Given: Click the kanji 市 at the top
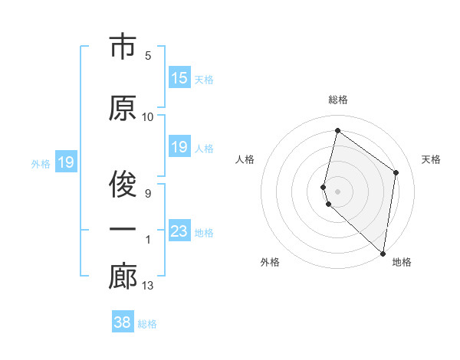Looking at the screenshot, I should pyautogui.click(x=123, y=48).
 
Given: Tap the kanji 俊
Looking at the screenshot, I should pyautogui.click(x=123, y=184).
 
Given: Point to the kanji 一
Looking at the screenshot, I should pyautogui.click(x=123, y=230).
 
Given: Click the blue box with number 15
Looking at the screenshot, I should pyautogui.click(x=179, y=78).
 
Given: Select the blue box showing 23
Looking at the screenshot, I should pyautogui.click(x=179, y=231).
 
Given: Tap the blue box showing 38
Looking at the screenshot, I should pyautogui.click(x=123, y=322).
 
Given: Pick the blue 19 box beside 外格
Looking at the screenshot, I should pyautogui.click(x=65, y=162).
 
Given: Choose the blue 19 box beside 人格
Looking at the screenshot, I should pyautogui.click(x=179, y=147).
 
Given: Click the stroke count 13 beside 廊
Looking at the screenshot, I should pyautogui.click(x=148, y=286).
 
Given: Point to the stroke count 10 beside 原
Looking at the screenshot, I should pyautogui.click(x=148, y=117).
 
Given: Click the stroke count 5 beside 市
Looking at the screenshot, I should pyautogui.click(x=148, y=56).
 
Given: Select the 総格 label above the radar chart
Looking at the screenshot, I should pyautogui.click(x=338, y=100).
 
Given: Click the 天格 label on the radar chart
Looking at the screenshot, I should pyautogui.click(x=432, y=159).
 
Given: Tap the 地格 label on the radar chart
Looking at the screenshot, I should pyautogui.click(x=402, y=262).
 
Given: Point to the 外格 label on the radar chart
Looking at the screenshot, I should pyautogui.click(x=270, y=262).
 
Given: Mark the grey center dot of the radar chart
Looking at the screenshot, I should pyautogui.click(x=338, y=190).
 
